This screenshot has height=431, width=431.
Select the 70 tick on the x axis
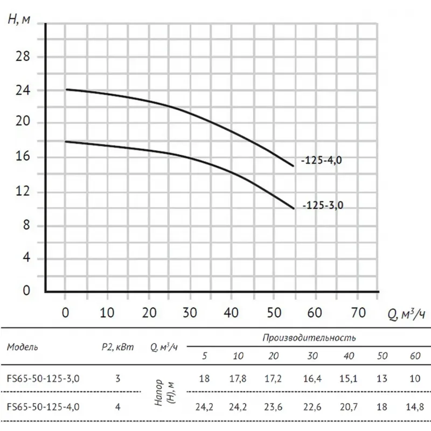357,312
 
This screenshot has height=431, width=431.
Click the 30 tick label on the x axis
190,312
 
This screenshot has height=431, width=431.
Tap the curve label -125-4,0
321,161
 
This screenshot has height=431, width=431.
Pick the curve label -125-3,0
322,205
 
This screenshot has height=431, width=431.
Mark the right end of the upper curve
294,165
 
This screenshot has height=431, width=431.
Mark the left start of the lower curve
66,142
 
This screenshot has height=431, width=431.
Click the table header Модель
23,346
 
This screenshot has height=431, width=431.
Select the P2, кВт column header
117,346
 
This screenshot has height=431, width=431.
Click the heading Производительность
309,338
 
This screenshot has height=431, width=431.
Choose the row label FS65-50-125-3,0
43,378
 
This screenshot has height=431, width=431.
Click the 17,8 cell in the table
239,378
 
